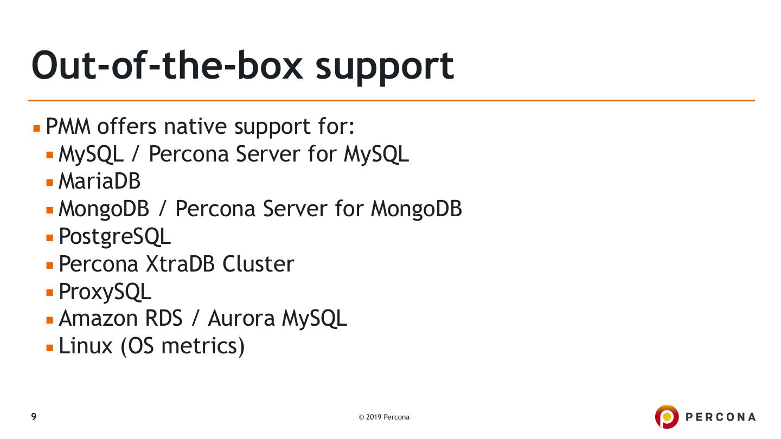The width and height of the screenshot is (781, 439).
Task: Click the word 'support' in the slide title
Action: point(384,66)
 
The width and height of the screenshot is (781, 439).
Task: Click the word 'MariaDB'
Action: point(99,181)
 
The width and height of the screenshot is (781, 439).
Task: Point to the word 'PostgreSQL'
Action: point(114,236)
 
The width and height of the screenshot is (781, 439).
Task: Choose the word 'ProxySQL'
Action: point(105,292)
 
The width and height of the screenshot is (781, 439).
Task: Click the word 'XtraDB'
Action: point(181,264)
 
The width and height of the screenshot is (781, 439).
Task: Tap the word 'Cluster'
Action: point(258,264)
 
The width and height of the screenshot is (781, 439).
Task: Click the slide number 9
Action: point(34,417)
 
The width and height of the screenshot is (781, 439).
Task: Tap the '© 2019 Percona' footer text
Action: point(384,417)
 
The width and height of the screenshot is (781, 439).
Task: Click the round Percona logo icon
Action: point(667,417)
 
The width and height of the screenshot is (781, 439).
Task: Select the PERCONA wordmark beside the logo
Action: point(720,417)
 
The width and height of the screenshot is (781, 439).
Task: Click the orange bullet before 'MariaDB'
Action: point(50,182)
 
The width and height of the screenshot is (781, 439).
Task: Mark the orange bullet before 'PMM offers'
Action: point(37,128)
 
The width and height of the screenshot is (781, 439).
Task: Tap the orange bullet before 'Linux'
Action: point(50,347)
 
